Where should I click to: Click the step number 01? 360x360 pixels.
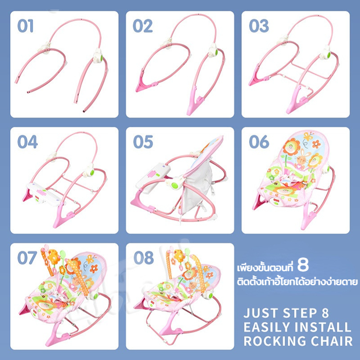26,26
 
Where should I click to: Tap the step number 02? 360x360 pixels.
143,26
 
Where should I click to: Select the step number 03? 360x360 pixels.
259,26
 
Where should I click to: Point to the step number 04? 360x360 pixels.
27,142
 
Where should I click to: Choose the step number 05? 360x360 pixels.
143,142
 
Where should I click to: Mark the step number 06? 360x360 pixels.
259,142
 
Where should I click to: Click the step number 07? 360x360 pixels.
27,257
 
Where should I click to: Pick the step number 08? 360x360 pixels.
144,257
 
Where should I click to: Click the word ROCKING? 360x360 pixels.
274,341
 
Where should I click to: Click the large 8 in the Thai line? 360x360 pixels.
303,265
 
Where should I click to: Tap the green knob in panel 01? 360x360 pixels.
101,58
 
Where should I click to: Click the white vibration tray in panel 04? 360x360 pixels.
44,193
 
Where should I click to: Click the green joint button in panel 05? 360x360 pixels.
175,185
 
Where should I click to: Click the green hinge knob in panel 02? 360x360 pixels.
216,52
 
